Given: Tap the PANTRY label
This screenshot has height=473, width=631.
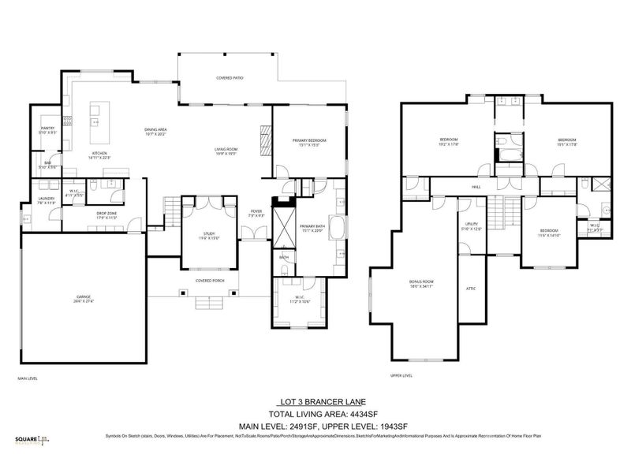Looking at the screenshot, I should tap(47, 128).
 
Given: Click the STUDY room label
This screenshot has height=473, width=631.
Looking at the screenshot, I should tap(209, 233).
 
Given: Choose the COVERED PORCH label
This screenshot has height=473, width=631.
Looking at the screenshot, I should tap(210, 280).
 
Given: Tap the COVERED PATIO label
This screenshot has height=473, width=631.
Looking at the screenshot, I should tap(229, 78).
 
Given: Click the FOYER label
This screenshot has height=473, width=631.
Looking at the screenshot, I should tap(256, 211).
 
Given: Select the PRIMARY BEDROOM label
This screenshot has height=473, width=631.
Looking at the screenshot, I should tap(308, 140).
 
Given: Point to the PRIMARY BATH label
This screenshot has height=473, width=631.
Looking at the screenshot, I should tap(312, 226).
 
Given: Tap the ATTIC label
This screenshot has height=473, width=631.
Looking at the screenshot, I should tap(471, 289).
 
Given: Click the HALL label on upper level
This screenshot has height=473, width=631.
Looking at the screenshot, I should tap(476, 188).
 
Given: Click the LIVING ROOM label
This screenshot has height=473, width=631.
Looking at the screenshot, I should tap(226, 149).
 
